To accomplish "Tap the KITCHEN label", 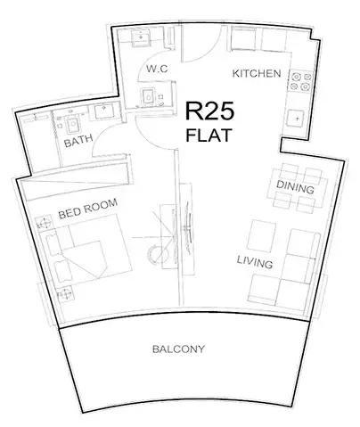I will tap(257, 72).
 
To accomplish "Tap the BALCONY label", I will tap(179, 349).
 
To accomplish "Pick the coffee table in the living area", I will tap(262, 236).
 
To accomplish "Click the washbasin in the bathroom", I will tap(102, 112).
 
